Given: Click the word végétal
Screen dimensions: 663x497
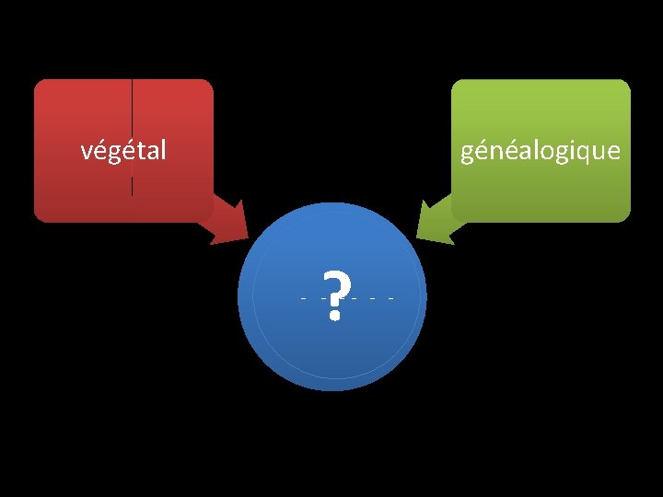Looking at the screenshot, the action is (x=123, y=150).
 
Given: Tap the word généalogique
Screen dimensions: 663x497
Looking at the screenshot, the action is (x=541, y=150).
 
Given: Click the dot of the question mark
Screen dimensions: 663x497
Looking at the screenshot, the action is (x=334, y=315).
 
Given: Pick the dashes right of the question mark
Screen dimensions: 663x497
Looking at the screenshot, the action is (x=374, y=298).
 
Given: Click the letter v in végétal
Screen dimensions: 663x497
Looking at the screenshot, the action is (x=87, y=151).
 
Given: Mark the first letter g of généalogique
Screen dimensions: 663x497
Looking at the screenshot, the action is (x=468, y=154).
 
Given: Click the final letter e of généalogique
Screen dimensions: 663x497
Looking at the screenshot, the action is (x=613, y=151).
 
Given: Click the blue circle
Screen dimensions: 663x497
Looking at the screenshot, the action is (x=332, y=350).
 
